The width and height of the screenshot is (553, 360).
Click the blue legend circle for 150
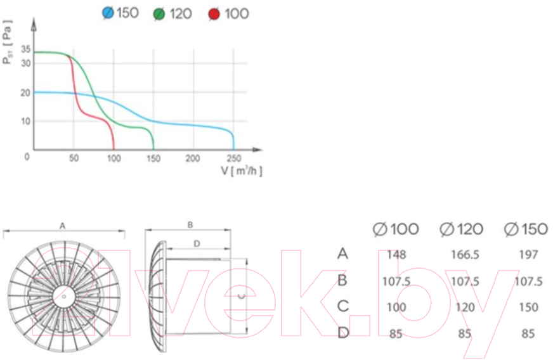[x=108, y=13]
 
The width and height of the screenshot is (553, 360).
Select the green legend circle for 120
[x=159, y=14]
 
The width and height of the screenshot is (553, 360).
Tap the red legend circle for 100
[x=214, y=14]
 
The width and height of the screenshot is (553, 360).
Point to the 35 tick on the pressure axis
[x=26, y=49]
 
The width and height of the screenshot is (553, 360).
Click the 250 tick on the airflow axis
[x=233, y=158]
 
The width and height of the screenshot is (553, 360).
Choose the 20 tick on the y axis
[x=25, y=93]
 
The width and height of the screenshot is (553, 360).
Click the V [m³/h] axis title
[x=242, y=170]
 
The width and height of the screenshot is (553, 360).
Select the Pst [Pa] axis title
[x=7, y=42]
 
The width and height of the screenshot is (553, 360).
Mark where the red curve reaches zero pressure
[x=114, y=150]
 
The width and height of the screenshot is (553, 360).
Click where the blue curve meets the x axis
[x=233, y=150]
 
